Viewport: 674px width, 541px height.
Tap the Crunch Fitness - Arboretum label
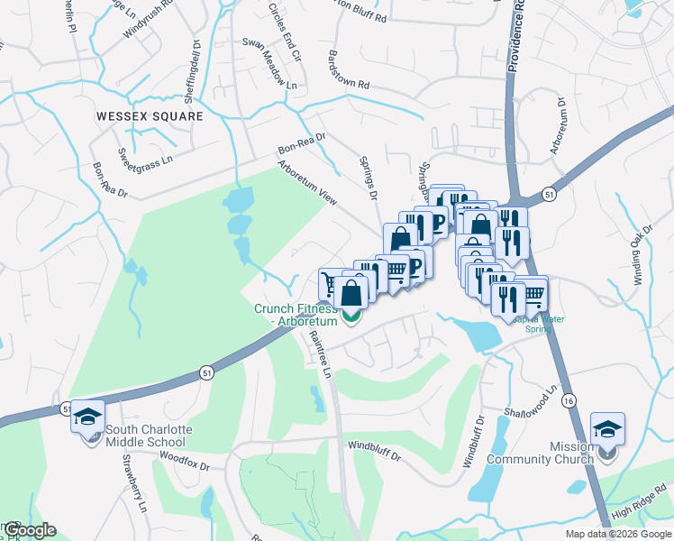(x=296, y=315)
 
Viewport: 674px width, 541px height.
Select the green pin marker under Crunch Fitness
(x=352, y=316)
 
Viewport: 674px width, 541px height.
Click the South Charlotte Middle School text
(x=145, y=436)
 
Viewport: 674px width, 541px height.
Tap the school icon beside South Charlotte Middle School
(x=87, y=417)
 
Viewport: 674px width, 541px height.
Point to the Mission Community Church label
(x=540, y=453)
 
